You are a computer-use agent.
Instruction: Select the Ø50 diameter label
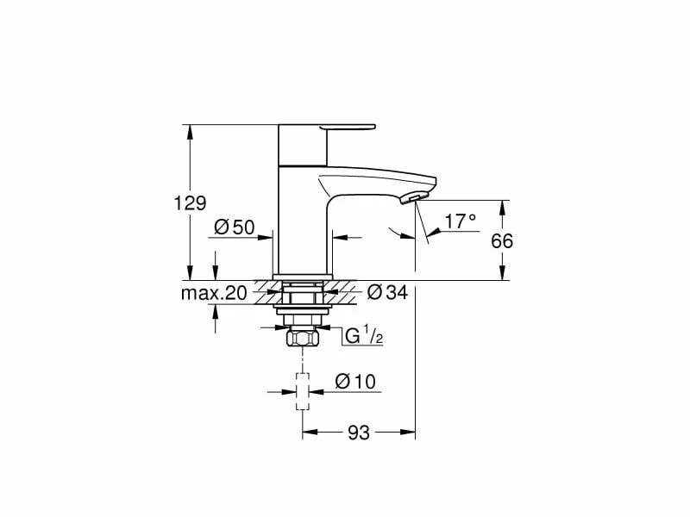click(233, 227)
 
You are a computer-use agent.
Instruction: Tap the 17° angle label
click(461, 221)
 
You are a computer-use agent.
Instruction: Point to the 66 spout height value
click(502, 241)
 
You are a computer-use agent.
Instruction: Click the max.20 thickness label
click(214, 293)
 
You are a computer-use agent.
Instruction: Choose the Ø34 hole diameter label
click(386, 293)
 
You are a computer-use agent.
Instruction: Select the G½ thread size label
click(363, 335)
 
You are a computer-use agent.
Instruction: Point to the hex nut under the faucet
click(302, 338)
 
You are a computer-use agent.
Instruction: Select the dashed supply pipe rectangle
click(302, 391)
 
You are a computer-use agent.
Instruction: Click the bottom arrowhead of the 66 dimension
click(502, 276)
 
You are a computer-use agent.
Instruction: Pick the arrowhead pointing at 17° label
click(436, 231)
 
